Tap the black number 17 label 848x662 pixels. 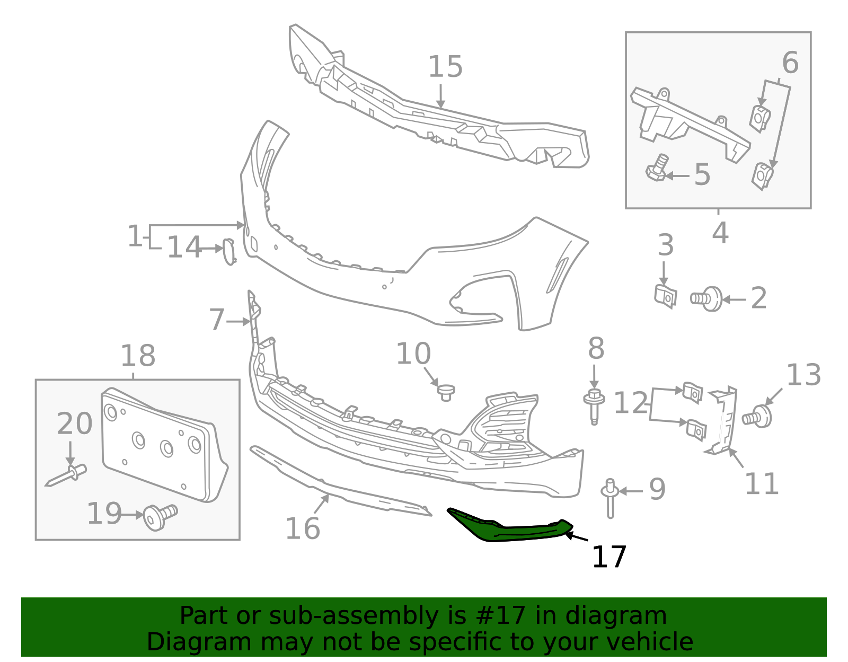pos(609,557)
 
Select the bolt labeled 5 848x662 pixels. pos(657,168)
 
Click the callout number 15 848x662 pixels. pos(445,67)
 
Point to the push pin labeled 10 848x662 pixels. pos(446,393)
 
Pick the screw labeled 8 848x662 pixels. pos(595,405)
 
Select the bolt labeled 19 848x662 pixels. pos(160,516)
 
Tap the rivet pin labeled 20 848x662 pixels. pos(68,475)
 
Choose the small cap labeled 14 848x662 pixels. pos(228,251)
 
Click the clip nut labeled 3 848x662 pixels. pos(665,296)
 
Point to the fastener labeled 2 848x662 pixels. pos(708,299)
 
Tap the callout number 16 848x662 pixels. pos(303,528)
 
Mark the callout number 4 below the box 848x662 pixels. pos(720,233)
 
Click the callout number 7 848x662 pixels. pos(216,320)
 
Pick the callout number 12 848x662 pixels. pos(630,403)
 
